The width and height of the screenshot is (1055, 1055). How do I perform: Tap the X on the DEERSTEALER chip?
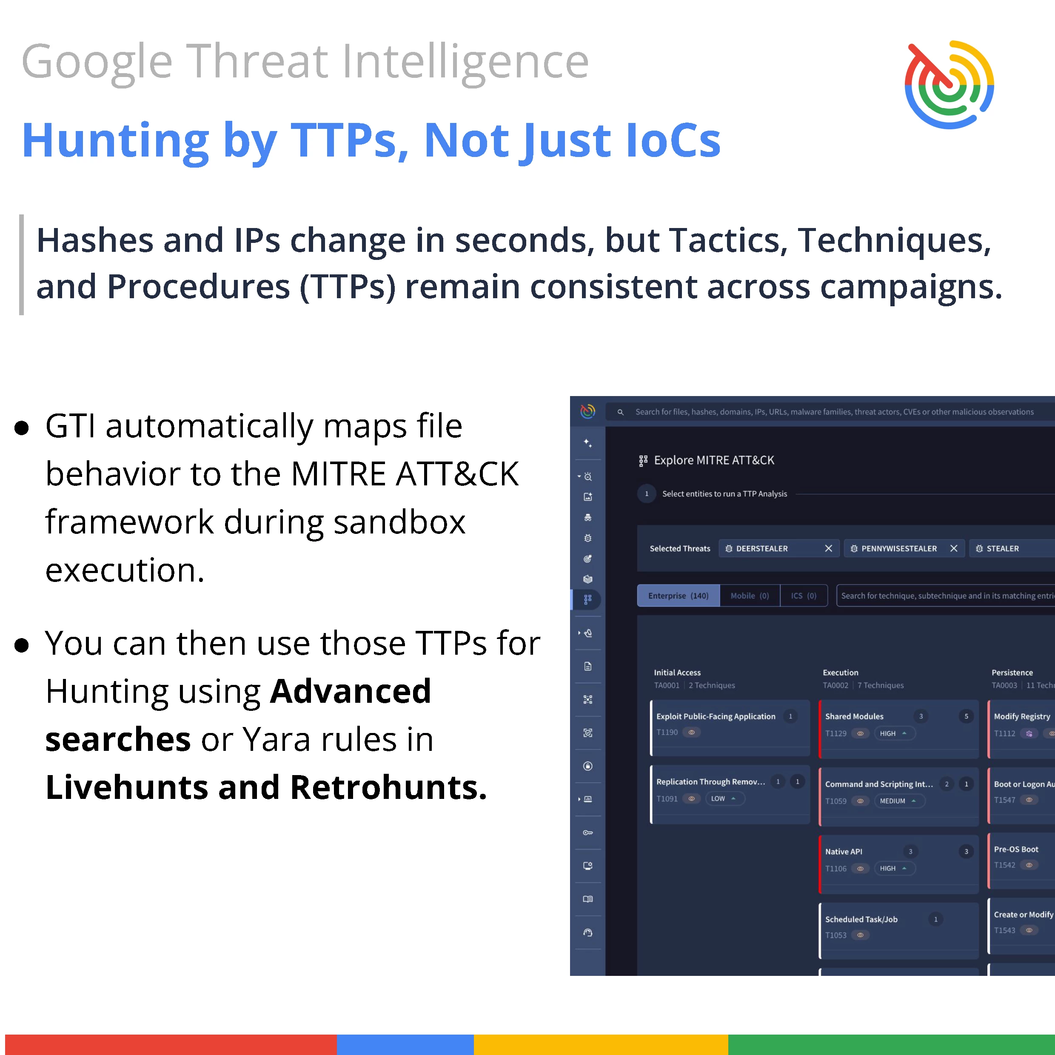(828, 548)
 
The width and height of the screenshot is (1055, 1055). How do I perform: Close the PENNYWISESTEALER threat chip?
(953, 548)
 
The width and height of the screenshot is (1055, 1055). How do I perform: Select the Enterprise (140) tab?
(678, 596)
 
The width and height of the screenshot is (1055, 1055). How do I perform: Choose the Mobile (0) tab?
(750, 596)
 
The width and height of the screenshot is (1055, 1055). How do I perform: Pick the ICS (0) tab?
(804, 596)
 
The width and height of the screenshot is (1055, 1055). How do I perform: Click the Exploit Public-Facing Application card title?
(716, 716)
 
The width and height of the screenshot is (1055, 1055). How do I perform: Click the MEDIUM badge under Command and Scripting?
(899, 801)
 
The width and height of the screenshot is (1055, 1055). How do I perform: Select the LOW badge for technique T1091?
(724, 799)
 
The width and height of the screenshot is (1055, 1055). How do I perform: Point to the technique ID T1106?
(835, 869)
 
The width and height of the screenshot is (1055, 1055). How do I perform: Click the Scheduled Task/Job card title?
(861, 920)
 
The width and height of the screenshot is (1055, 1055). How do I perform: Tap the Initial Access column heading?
(677, 673)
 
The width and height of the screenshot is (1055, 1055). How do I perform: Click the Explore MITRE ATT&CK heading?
(714, 460)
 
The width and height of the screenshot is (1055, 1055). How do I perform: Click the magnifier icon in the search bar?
(620, 412)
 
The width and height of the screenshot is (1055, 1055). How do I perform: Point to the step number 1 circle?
(647, 493)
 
